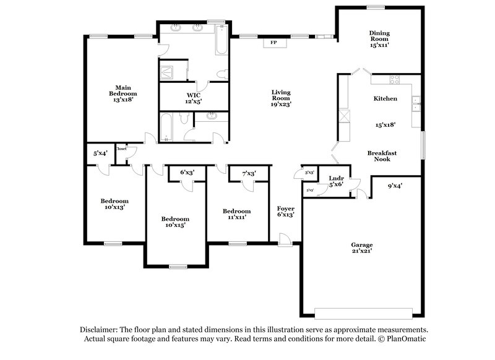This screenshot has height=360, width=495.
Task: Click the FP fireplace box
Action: click(272, 43)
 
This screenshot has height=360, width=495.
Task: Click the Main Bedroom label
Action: click(122, 93)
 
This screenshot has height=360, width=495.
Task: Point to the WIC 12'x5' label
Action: click(194, 98)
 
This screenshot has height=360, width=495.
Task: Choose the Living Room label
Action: click(281, 98)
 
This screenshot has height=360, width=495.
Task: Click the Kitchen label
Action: click(385, 99)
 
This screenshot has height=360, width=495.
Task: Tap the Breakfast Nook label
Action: click(382, 156)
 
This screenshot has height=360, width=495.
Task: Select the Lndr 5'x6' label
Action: click(336, 181)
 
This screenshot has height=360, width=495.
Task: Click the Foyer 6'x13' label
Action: click(285, 212)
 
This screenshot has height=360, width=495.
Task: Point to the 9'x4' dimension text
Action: click(395, 185)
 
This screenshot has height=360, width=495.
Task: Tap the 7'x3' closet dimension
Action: click(249, 173)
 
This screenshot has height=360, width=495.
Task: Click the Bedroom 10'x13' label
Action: click(114, 204)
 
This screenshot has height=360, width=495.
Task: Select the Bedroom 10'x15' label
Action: click(175, 222)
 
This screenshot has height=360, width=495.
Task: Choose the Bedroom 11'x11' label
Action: click(237, 214)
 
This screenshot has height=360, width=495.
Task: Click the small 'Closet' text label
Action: click(121, 149)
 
